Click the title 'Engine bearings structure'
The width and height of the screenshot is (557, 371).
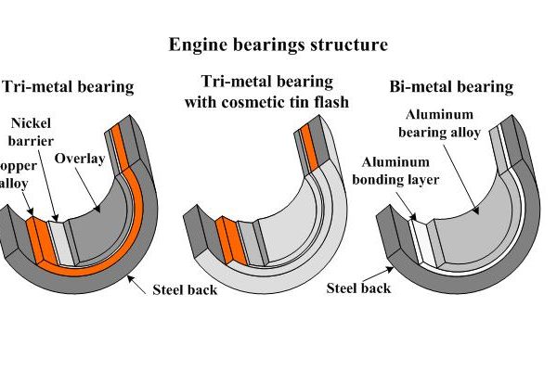click(278, 44)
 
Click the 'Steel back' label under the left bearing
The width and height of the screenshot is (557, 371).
click(184, 289)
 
